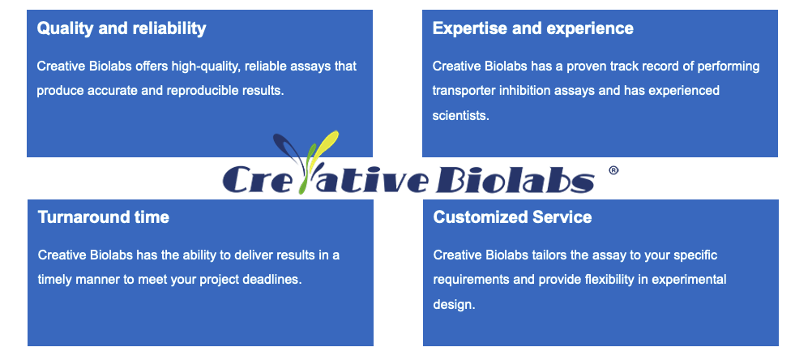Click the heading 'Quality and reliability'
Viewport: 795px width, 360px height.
click(122, 28)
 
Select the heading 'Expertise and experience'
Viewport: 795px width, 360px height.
click(533, 28)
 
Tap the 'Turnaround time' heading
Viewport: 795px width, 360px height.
click(104, 217)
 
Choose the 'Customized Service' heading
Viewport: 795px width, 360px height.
click(512, 217)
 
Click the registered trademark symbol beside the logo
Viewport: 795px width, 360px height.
click(613, 171)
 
